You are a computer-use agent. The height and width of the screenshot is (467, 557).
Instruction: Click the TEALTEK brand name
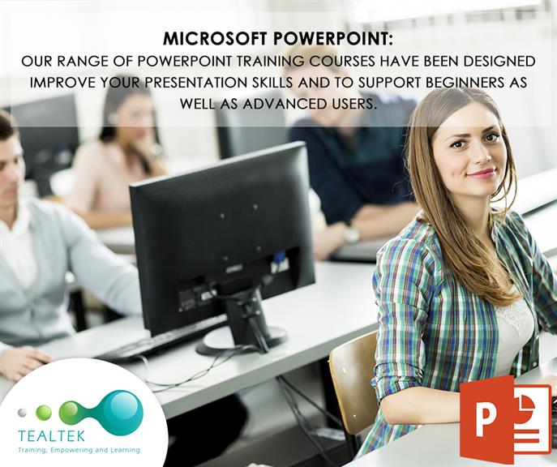(52, 435)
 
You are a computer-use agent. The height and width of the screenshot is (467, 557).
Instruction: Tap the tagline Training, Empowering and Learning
(79, 450)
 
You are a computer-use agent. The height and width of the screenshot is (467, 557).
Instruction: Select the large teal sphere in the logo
(122, 412)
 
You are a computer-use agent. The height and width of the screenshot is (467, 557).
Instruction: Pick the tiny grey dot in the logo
(22, 413)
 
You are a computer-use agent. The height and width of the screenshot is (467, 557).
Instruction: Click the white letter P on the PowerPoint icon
(486, 419)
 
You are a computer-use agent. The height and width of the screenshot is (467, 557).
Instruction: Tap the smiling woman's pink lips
(481, 174)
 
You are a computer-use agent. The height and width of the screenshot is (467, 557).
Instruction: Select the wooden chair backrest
(353, 381)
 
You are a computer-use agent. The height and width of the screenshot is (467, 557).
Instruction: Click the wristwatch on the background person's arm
(351, 234)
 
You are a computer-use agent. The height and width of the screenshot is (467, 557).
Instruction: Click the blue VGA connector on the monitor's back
(279, 262)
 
